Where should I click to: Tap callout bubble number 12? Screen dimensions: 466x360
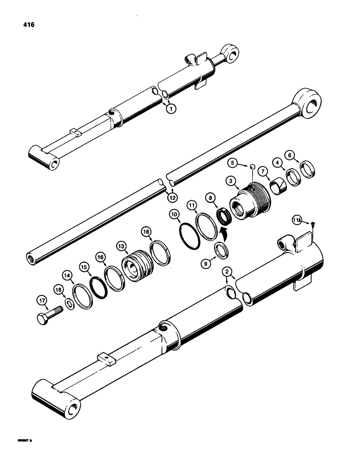[x=173, y=198]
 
